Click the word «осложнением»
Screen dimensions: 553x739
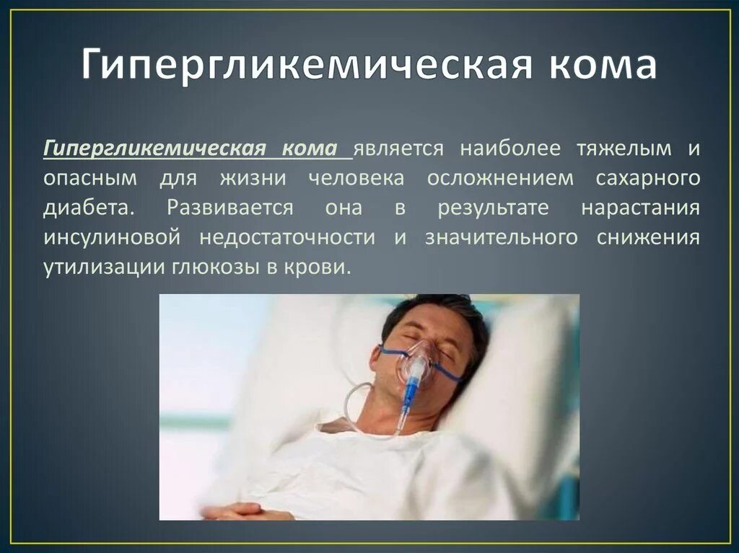click(501, 178)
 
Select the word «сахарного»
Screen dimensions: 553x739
click(648, 178)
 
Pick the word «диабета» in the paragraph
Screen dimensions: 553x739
click(87, 208)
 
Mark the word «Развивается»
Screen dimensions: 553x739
click(229, 208)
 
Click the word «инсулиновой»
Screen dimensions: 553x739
click(111, 238)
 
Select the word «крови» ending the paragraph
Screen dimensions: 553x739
click(325, 267)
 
